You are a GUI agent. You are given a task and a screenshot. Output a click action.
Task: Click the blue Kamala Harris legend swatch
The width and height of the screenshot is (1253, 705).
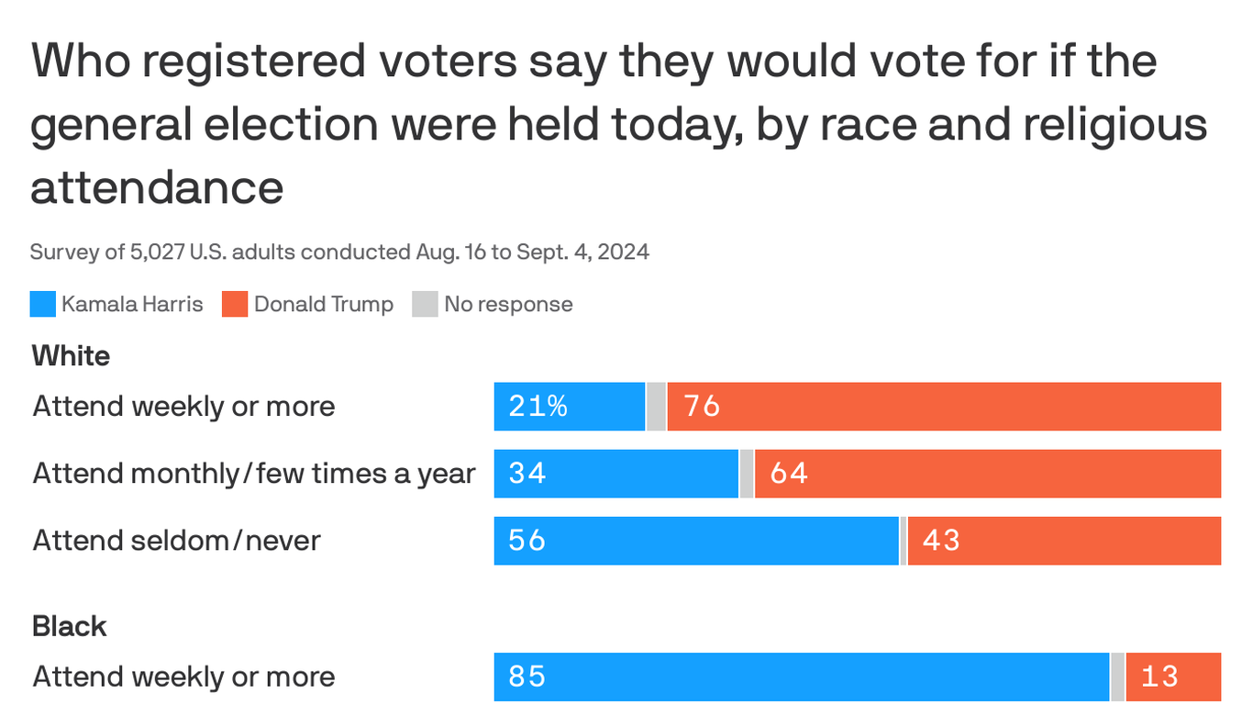point(42,304)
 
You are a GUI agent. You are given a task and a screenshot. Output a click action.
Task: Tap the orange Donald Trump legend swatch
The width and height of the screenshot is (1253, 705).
point(235,304)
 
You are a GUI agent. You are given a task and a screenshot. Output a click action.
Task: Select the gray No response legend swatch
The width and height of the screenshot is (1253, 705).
point(425,304)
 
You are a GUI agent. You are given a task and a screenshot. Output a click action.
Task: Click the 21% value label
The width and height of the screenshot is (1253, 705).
point(538,406)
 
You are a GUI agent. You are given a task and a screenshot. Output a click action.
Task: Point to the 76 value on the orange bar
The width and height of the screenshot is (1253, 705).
point(702,406)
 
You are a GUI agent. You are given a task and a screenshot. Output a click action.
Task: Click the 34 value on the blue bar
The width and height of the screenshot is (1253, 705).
point(527,473)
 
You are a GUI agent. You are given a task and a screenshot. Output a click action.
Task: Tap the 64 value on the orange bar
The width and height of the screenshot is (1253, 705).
point(789,473)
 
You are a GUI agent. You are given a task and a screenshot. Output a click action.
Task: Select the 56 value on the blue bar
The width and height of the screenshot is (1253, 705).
point(527,541)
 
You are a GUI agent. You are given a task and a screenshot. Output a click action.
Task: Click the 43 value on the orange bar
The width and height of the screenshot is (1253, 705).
point(941,541)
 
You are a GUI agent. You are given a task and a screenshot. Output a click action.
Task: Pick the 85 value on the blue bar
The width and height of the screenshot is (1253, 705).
point(527,677)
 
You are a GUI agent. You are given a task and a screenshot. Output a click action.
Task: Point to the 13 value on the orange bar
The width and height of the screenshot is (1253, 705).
point(1159,677)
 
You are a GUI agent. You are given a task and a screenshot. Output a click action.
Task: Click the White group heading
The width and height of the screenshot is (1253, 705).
point(71,356)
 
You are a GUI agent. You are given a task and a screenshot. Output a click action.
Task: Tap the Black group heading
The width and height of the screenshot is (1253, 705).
point(70,627)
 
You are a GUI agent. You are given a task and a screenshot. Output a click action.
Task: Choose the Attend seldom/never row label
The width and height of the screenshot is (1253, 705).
point(177,541)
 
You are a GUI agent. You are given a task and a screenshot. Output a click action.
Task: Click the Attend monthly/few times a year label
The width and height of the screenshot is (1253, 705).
point(254,474)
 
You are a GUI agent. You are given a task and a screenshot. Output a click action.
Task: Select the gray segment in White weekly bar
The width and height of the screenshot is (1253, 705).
point(656,407)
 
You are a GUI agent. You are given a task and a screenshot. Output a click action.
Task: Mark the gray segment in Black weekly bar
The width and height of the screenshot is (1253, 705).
point(1117,677)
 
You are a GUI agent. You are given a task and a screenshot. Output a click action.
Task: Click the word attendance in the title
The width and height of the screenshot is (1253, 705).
point(157,187)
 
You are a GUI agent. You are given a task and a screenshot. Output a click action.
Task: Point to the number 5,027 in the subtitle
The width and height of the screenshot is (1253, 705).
point(157,252)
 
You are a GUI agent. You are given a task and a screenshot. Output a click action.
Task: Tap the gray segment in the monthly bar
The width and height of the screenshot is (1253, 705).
point(747,474)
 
